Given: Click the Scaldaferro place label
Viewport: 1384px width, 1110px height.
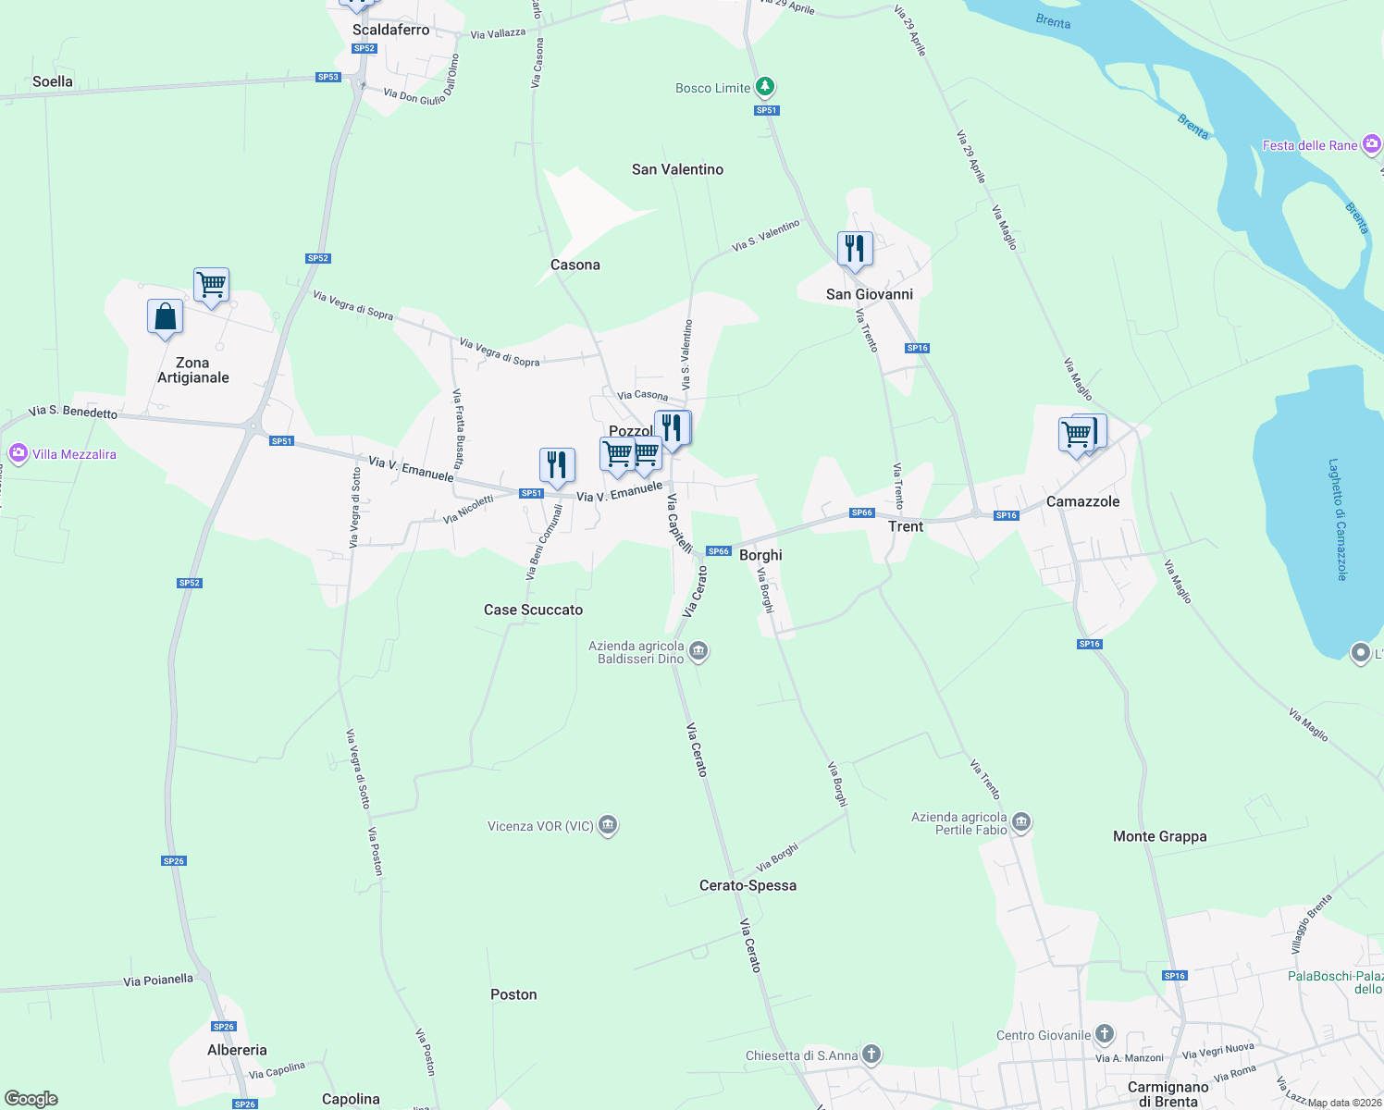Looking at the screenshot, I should [390, 30].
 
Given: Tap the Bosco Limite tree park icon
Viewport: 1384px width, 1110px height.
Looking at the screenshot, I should [764, 88].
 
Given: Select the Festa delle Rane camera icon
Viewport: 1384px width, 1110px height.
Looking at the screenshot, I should [1371, 144].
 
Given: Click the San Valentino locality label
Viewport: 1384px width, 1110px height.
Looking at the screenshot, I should [677, 169].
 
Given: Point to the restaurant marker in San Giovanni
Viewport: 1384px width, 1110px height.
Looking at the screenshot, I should [855, 249].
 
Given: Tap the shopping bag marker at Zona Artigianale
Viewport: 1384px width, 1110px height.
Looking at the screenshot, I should [165, 317].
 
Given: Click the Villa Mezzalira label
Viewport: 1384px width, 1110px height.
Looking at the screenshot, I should [74, 454].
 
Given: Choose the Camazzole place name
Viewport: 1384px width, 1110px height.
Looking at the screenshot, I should [1082, 501].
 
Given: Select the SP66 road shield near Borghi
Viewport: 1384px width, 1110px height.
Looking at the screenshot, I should [719, 551].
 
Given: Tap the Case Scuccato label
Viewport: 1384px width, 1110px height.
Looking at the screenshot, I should [533, 610].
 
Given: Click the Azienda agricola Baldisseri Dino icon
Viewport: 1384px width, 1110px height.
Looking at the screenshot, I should [699, 651].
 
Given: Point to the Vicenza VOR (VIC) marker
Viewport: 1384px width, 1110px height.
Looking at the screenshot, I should [608, 825].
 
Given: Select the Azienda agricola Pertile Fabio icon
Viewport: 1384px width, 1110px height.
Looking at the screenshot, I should [1021, 821].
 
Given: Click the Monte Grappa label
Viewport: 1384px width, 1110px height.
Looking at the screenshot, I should [1159, 836].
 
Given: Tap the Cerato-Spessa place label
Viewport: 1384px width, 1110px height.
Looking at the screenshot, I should [748, 885].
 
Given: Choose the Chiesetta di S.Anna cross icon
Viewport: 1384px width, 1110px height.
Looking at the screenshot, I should [871, 1054].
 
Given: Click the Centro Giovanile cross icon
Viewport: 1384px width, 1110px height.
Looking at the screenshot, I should [1104, 1034].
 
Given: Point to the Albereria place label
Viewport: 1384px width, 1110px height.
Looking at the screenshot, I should [237, 1050].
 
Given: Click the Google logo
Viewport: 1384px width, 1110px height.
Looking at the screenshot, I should [31, 1099].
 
